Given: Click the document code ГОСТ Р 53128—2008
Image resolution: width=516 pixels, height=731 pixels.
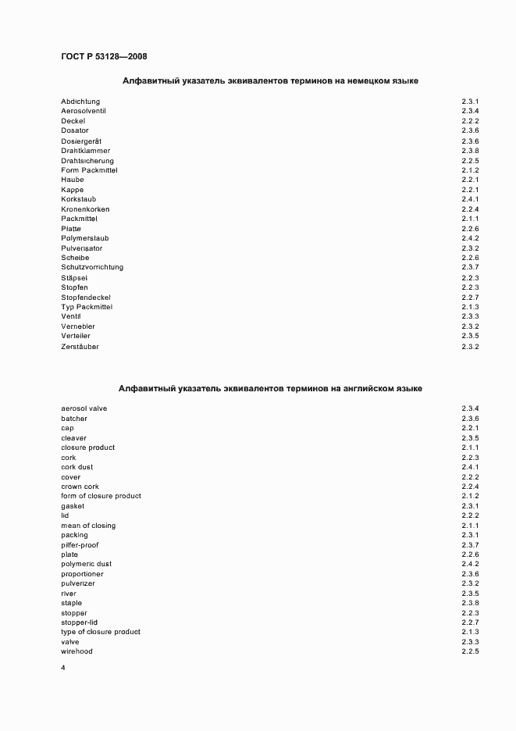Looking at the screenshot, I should tap(104, 56).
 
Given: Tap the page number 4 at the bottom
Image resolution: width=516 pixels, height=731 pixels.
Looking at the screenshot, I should tap(62, 668).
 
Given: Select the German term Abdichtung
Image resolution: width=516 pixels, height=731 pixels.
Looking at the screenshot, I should tap(80, 102).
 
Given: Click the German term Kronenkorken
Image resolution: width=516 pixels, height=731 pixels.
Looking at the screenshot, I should tap(85, 209).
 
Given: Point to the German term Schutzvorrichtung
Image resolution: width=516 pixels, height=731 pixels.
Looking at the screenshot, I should tap(92, 267).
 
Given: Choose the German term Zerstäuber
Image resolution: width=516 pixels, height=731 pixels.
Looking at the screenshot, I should tap(80, 346).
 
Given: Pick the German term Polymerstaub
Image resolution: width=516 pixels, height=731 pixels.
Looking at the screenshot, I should tap(84, 238).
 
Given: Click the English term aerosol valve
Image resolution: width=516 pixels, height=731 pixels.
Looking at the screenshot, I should tap(84, 408).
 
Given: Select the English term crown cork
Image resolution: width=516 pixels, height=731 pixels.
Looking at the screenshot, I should tap(80, 487).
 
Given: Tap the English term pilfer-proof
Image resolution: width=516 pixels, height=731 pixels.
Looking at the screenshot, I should tap(80, 545).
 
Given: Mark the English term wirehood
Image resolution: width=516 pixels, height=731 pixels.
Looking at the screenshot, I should tap(77, 651).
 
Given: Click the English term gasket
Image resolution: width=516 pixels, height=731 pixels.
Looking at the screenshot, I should tap(73, 506).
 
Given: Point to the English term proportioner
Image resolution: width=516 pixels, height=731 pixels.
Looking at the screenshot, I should tap(82, 574).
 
